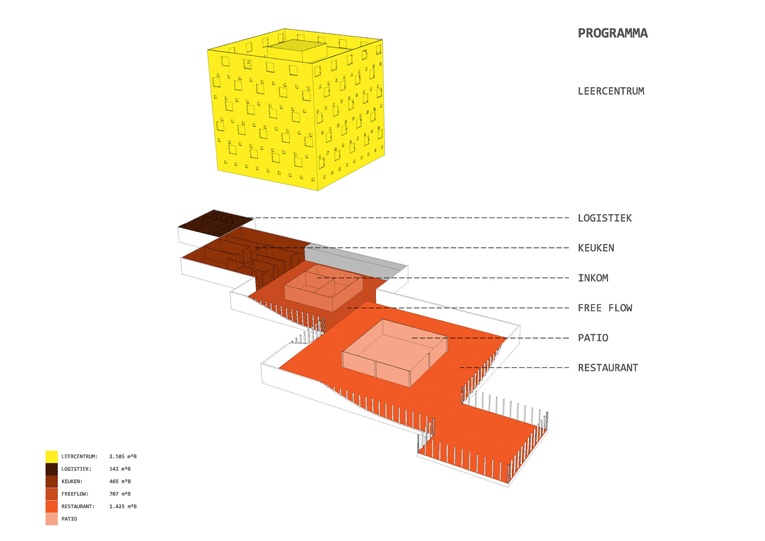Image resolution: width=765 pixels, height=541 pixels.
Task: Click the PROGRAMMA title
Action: click(613, 33)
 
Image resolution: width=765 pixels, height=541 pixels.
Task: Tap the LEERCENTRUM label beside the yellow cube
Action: click(611, 91)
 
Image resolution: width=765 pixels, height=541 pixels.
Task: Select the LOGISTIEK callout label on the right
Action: click(605, 218)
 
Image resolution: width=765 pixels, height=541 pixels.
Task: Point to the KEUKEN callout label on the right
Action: click(596, 248)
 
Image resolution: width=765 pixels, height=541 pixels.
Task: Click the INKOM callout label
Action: click(593, 278)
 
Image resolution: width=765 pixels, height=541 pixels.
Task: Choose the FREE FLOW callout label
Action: click(605, 308)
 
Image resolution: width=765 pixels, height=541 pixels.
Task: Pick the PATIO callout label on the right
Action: click(593, 338)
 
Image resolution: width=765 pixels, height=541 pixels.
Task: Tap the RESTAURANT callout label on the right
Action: click(608, 368)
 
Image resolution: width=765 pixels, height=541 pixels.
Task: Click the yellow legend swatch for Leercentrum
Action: click(51, 456)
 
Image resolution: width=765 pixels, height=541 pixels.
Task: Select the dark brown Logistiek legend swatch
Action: click(51, 469)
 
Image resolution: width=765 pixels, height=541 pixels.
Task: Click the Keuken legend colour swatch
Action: click(51, 482)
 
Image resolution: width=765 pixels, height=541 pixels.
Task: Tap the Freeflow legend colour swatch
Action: click(51, 494)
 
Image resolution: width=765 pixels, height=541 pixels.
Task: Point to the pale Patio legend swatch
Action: click(51, 519)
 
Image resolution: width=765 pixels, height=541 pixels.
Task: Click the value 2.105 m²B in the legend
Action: click(123, 456)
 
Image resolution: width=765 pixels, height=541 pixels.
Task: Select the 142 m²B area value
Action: click(120, 469)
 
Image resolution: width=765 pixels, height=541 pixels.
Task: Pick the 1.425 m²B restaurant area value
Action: click(123, 506)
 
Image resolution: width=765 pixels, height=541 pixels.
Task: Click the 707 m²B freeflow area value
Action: click(120, 494)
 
